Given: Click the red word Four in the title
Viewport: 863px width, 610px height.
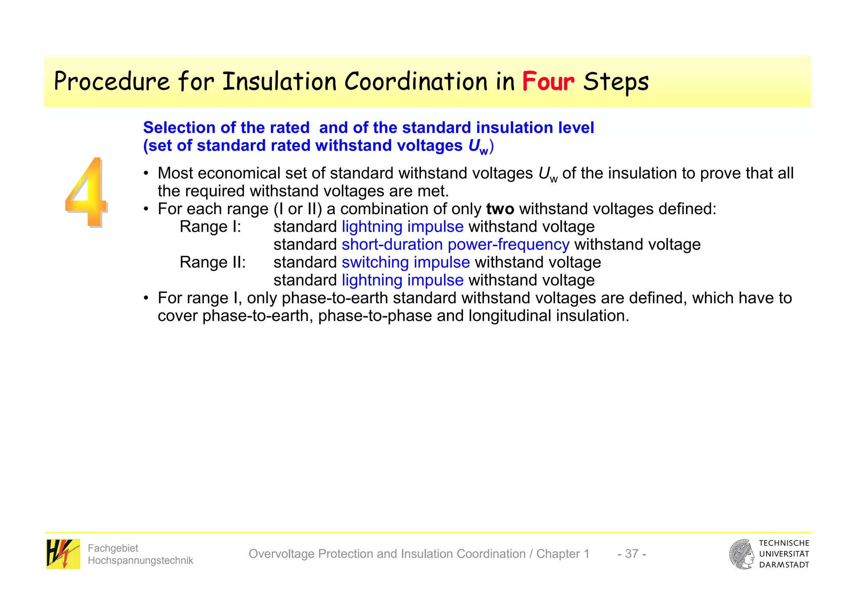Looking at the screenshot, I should tap(548, 82).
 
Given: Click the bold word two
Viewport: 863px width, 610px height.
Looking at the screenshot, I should tap(500, 209).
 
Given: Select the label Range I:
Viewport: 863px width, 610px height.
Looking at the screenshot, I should tap(210, 227).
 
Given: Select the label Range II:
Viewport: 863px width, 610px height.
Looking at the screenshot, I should tap(212, 262).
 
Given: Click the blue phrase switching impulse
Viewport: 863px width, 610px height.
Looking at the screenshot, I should tap(405, 262).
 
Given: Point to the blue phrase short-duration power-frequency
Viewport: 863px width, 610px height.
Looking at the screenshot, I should tap(455, 245).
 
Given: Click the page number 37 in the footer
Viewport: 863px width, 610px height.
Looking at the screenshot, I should tap(631, 554).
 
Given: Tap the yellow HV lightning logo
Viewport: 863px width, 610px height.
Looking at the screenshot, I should tap(63, 554).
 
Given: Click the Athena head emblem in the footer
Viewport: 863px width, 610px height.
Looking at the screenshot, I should tap(742, 554).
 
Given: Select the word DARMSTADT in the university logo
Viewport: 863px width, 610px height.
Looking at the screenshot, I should tap(784, 565).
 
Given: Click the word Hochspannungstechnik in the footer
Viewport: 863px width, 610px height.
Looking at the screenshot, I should tap(140, 560).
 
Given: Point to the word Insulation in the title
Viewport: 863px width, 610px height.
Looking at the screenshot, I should tap(279, 82).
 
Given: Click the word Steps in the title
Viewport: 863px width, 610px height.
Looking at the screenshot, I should tap(616, 82).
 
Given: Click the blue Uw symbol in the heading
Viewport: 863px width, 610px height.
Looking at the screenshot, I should tap(478, 146).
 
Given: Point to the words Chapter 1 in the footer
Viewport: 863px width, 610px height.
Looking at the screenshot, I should tap(563, 554).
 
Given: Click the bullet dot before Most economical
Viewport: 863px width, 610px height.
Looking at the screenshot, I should tap(146, 174).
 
